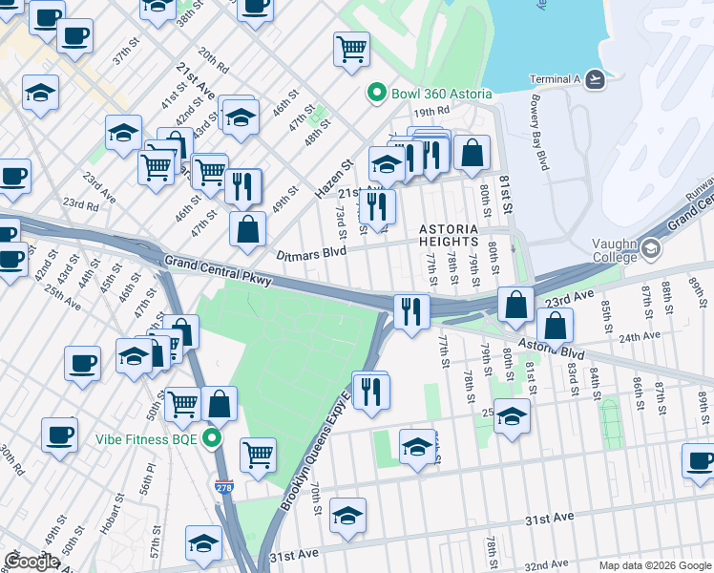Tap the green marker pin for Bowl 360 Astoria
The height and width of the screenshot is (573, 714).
[x=376, y=94]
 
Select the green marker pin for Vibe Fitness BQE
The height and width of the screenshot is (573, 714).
[x=213, y=439]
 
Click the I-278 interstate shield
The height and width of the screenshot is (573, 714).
[x=223, y=487]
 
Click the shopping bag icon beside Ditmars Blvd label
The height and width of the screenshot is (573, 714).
[x=247, y=230]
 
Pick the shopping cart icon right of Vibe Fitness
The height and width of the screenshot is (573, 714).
[x=258, y=455]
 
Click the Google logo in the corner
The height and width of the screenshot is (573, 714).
[x=31, y=561]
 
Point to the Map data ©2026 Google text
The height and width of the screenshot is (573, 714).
[x=654, y=564]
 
